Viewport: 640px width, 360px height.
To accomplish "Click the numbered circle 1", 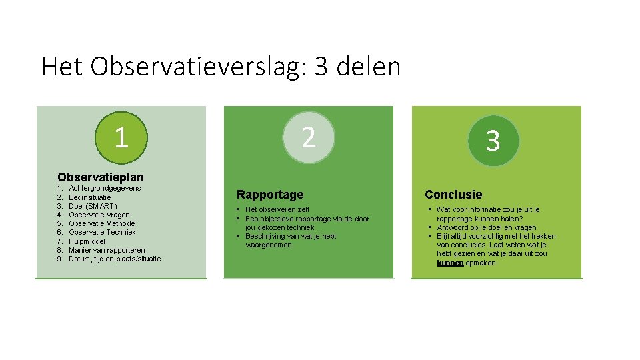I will (121, 137).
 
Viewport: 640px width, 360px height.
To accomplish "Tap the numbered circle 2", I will (307, 137).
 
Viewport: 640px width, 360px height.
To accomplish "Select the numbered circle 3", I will (493, 140).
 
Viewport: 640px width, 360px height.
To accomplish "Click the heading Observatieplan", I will (101, 177).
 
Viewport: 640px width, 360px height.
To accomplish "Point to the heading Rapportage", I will (270, 195).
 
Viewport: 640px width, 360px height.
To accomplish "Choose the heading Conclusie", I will (453, 195).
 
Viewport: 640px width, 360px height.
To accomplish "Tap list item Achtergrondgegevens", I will (105, 189).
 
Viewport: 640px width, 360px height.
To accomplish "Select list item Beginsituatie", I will (90, 197).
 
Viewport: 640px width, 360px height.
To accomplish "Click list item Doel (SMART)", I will (93, 206).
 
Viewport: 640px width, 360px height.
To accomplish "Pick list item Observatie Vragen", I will (99, 215).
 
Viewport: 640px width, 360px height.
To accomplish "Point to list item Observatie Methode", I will (101, 223).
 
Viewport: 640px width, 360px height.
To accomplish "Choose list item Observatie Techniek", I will (102, 232).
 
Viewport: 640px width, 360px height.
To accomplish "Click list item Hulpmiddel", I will (87, 241).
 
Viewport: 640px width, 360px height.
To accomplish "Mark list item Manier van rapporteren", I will (107, 250).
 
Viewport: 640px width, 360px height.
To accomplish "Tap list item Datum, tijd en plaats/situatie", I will (115, 259).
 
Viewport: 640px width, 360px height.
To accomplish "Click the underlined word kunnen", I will (450, 263).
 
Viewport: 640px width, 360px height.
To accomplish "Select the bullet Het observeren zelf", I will (277, 210).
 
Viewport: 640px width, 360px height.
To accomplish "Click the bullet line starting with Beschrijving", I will (291, 236).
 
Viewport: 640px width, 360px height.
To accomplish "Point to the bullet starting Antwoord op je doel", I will (486, 227).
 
